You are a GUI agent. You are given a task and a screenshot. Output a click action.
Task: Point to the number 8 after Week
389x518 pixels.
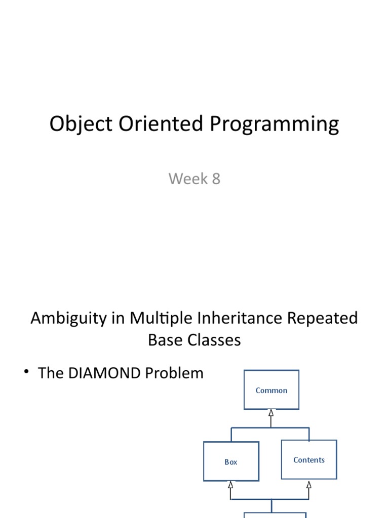coord(216,179)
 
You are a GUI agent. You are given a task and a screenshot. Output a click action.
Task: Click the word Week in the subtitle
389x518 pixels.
coord(187,179)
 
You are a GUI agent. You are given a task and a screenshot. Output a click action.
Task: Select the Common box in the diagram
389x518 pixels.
coord(271,390)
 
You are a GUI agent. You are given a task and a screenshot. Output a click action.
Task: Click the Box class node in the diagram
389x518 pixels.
coord(231,461)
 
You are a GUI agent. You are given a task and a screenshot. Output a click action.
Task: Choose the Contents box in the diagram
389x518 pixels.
coord(309,459)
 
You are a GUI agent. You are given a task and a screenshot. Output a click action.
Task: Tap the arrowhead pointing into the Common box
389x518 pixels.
coord(271,413)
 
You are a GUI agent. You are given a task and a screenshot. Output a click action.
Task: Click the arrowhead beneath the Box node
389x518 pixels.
coord(231,485)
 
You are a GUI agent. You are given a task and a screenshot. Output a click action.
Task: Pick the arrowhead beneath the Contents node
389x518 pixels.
coord(309,484)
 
